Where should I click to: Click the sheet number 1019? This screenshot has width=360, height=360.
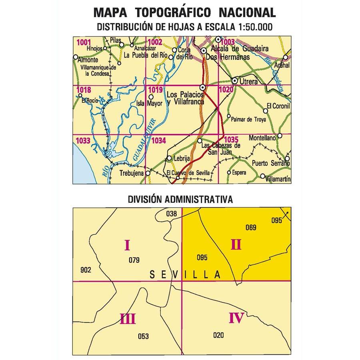(x=154, y=90)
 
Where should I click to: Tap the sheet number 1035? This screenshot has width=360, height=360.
(x=232, y=140)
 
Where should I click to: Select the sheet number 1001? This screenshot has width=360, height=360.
(x=83, y=42)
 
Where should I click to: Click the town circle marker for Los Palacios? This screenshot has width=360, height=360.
(x=203, y=88)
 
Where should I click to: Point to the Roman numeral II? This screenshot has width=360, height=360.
(x=236, y=244)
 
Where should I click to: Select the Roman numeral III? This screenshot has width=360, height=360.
(x=128, y=319)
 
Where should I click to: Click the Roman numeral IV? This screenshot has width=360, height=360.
(x=236, y=318)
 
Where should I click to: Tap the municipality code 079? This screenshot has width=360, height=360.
(x=134, y=261)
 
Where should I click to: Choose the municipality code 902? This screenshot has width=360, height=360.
(x=86, y=270)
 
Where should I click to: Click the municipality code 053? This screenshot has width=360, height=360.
(x=143, y=336)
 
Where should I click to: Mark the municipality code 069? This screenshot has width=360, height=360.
(x=251, y=228)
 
